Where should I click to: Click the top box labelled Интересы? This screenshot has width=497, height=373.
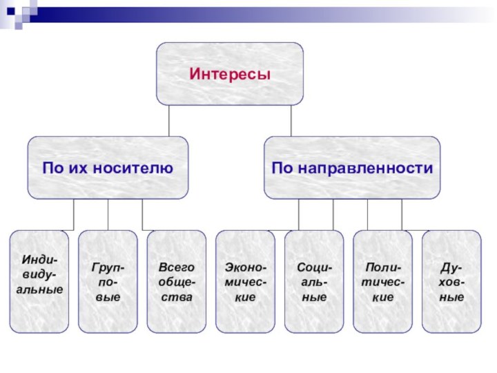coord(229,73)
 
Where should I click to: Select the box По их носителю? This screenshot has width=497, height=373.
coord(108,168)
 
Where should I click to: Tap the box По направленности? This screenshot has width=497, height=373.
coord(352,168)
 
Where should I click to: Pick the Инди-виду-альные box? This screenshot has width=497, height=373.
coord(39,282)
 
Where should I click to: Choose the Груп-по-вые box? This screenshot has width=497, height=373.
coord(108,282)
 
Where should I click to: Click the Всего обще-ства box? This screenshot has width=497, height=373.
coord(177,282)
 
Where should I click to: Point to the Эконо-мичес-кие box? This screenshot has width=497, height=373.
coord(246,282)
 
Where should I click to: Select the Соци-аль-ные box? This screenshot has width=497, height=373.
coord(314,282)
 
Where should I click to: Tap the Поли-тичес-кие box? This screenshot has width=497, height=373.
coord(383,282)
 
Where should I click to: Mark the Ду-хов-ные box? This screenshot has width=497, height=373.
coord(451,282)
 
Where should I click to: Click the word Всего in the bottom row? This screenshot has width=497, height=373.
coord(177,267)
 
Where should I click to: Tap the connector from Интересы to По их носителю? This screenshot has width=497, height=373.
coord(168,120)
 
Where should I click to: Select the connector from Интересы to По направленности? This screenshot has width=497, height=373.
coord(291,120)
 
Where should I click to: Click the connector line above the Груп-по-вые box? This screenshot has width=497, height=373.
coord(108,214)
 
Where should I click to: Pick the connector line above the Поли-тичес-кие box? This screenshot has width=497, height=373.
coord(367,214)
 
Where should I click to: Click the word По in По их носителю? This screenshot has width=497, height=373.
coord(52,168)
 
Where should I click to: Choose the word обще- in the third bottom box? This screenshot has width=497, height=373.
coord(177,282)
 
